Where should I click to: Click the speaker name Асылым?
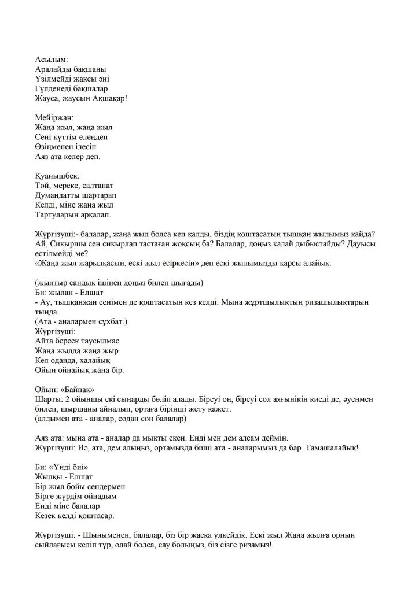(x=52, y=60)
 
